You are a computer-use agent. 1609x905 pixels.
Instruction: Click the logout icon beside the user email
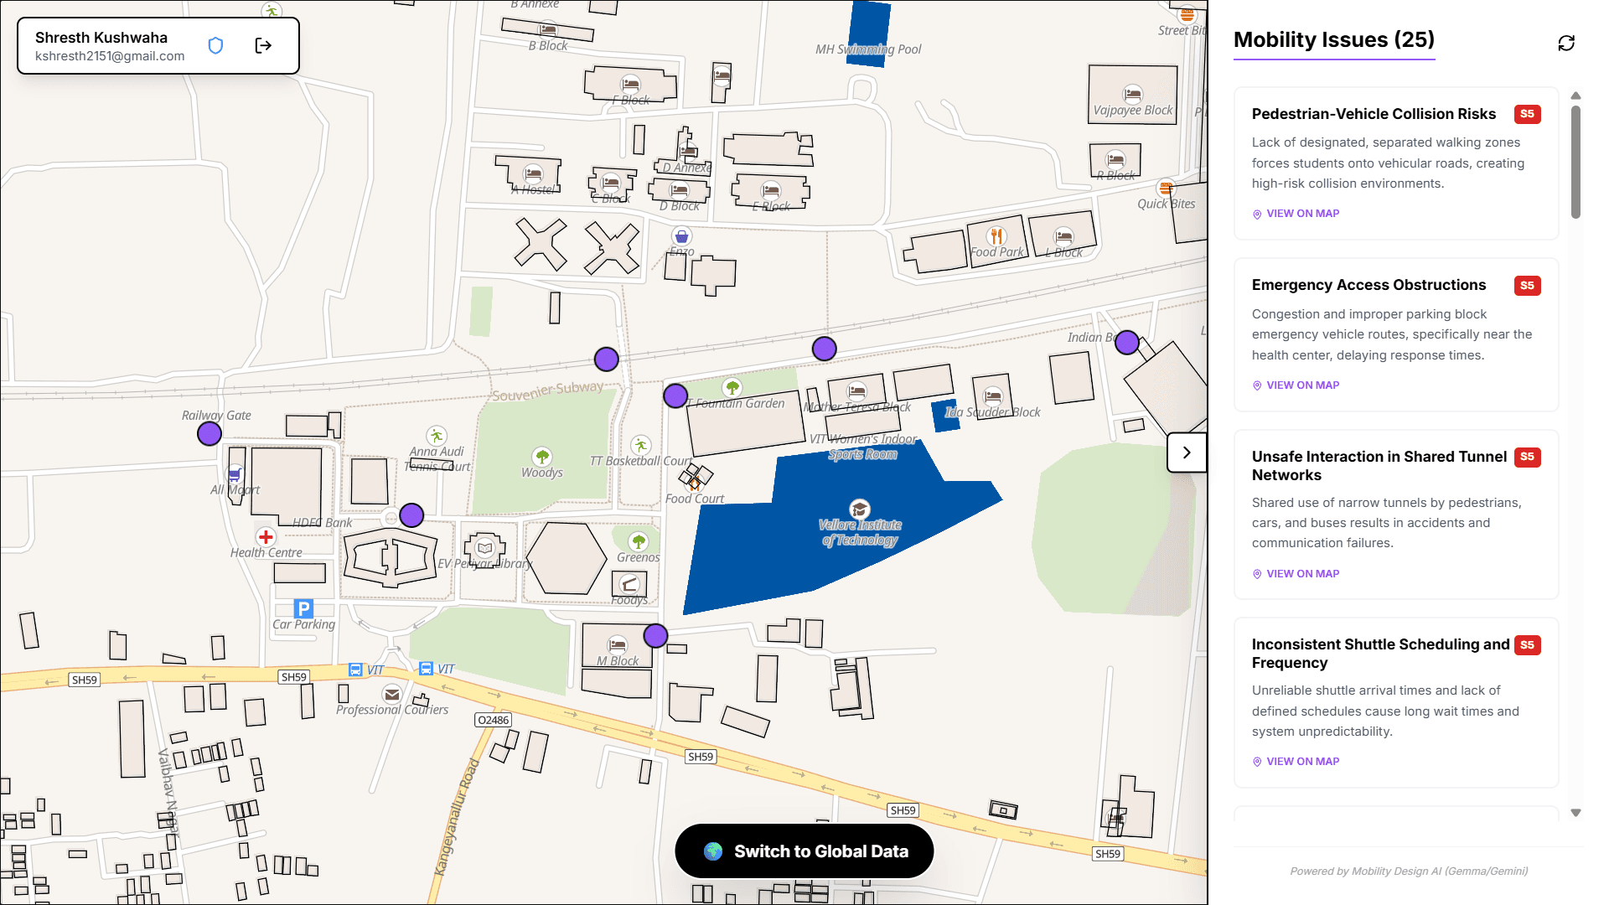click(263, 45)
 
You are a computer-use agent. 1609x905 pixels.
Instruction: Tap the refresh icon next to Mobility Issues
click(1565, 43)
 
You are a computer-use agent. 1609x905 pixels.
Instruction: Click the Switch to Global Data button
click(804, 851)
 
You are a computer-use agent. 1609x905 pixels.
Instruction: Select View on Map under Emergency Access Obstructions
click(1302, 385)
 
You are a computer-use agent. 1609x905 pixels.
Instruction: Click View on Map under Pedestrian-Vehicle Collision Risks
click(1302, 214)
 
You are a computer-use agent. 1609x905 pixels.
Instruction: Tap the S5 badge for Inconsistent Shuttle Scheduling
click(1527, 645)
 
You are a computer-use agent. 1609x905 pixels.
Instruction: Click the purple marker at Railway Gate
click(210, 433)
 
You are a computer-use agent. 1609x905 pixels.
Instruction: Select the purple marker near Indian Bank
click(1127, 342)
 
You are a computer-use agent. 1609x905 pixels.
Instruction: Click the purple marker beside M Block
click(655, 636)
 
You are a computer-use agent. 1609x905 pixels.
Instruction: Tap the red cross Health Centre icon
click(266, 537)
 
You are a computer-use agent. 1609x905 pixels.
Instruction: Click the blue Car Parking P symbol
click(303, 609)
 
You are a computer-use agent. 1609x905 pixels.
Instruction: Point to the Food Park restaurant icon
click(996, 236)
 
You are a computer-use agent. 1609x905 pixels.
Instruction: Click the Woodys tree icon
click(542, 457)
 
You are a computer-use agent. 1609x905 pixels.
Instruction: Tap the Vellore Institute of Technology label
click(860, 532)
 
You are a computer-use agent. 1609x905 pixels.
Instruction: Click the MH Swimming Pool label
click(868, 49)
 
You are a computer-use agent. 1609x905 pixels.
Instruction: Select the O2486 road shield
click(493, 720)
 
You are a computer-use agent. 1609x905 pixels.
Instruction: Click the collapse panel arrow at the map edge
click(1186, 452)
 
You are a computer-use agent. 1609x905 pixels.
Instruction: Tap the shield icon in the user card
click(215, 45)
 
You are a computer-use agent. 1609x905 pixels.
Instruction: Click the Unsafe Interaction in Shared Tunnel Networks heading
click(1379, 466)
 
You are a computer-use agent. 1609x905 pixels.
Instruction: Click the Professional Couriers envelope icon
click(392, 694)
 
